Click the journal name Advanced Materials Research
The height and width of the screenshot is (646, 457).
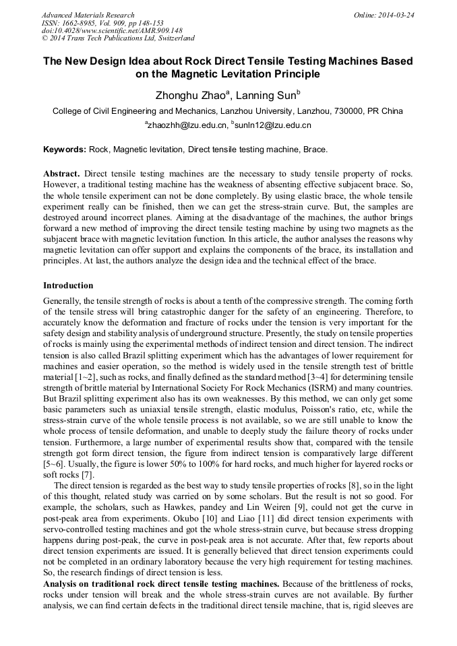pyautogui.click(x=88, y=15)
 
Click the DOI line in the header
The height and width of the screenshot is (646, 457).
pyautogui.click(x=112, y=30)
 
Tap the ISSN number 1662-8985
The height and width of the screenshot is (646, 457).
pyautogui.click(x=81, y=22)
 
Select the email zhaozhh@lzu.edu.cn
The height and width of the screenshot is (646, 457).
pyautogui.click(x=185, y=125)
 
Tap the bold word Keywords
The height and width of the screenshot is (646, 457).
pyautogui.click(x=65, y=149)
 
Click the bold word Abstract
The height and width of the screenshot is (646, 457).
pyautogui.click(x=61, y=173)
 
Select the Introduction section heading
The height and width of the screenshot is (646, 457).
pyautogui.click(x=68, y=286)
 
